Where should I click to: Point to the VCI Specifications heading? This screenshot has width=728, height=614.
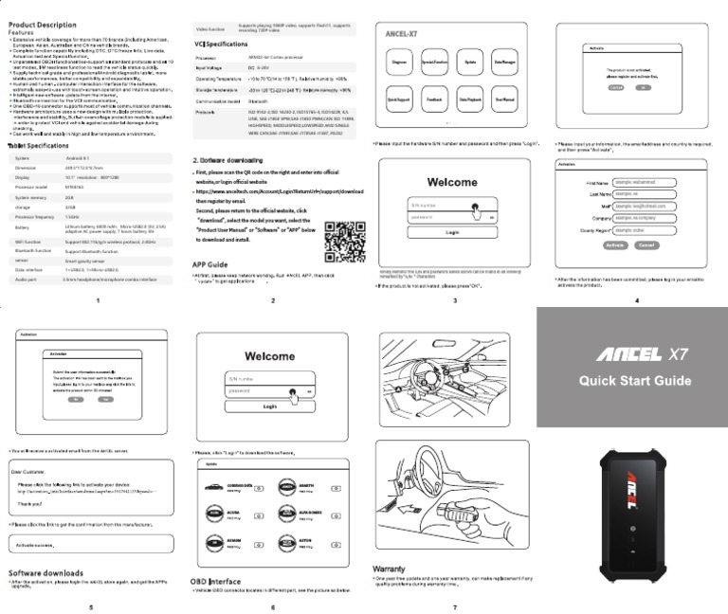coord(221,45)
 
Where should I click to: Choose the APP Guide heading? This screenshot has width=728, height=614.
coord(209,263)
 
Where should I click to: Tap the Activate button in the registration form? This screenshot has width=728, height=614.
coord(615,244)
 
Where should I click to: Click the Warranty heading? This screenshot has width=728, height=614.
coord(389,569)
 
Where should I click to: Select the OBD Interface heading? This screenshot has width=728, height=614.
coord(217,580)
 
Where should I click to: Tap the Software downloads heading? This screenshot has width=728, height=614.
coord(45,573)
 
